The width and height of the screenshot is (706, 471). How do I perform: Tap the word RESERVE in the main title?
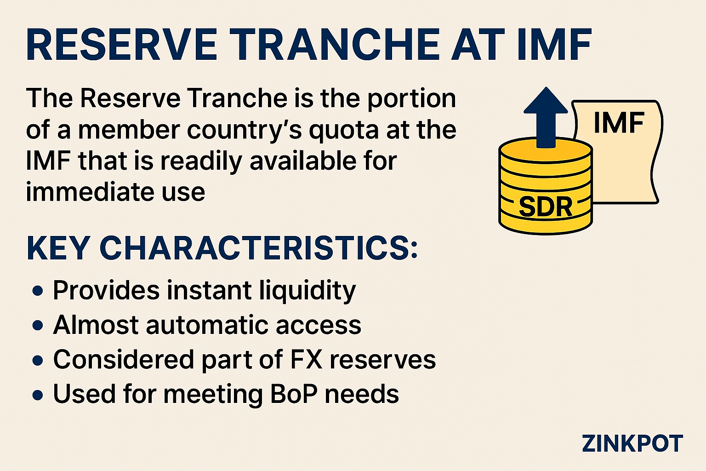tap(122, 45)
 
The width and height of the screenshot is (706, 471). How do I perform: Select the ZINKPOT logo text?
tap(632, 443)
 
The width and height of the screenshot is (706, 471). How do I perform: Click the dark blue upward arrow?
tap(546, 117)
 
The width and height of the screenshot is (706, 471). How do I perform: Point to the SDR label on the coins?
tap(545, 207)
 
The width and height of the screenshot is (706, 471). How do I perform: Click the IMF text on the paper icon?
tap(619, 122)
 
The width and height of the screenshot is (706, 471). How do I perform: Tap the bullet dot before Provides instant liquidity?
tap(38, 291)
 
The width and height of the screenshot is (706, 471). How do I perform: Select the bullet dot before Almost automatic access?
tap(38, 325)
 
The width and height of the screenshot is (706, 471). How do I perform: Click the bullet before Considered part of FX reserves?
tap(38, 360)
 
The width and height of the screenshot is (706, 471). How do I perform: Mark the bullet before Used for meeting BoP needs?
tap(38, 395)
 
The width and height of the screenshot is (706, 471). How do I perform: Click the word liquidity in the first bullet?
tap(307, 291)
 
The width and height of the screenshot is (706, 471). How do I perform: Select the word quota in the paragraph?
tap(344, 131)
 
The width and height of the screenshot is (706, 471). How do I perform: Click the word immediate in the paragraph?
tap(90, 192)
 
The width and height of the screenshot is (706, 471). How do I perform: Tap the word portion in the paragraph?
tap(412, 99)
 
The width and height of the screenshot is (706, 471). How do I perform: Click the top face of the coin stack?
tap(546, 150)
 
